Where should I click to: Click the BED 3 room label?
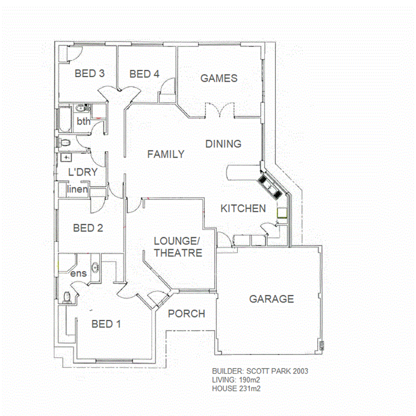pyautogui.click(x=90, y=73)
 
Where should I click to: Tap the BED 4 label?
pyautogui.click(x=144, y=74)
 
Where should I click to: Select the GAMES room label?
pyautogui.click(x=219, y=78)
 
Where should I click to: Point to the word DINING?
pyautogui.click(x=223, y=144)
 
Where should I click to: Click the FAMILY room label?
pyautogui.click(x=165, y=154)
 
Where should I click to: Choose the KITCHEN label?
pyautogui.click(x=243, y=208)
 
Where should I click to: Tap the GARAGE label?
pyautogui.click(x=271, y=299)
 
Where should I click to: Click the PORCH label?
pyautogui.click(x=186, y=314)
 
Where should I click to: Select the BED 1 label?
pyautogui.click(x=106, y=324)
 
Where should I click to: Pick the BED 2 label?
pyautogui.click(x=88, y=228)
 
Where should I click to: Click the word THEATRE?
pyautogui.click(x=178, y=253)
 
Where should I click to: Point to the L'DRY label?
pyautogui.click(x=83, y=172)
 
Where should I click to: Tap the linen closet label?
pyautogui.click(x=77, y=190)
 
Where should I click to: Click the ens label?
pyautogui.click(x=79, y=273)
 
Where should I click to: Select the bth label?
pyautogui.click(x=84, y=122)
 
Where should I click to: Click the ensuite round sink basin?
pyautogui.click(x=96, y=267)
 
